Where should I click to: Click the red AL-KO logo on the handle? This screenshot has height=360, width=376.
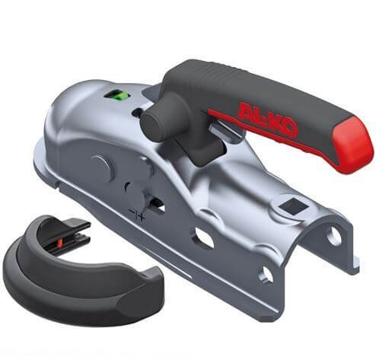268,119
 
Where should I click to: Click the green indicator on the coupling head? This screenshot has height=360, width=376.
116,97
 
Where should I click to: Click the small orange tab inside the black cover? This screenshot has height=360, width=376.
60,243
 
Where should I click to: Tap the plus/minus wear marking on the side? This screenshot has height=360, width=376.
137,213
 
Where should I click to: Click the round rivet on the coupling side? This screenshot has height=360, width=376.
101,168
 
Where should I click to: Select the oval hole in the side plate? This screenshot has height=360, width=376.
205,237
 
